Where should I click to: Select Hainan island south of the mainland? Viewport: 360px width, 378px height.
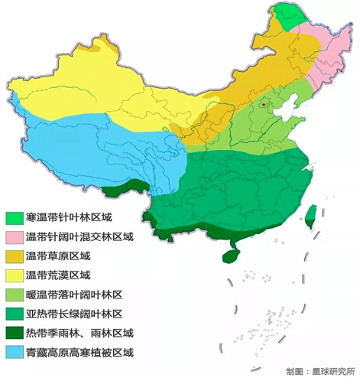click(229, 248)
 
